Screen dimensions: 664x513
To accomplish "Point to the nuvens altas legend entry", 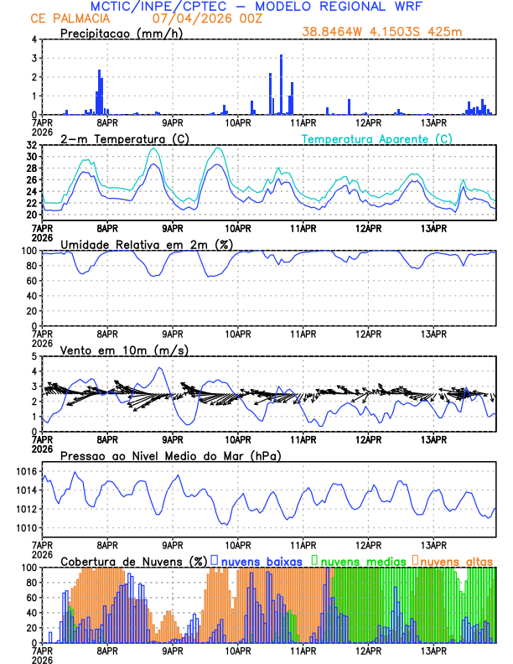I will point(457,560).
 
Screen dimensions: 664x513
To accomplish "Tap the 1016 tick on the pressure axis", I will point(27,471).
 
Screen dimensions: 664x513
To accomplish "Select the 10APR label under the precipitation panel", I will point(238,123).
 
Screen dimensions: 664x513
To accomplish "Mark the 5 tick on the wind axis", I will point(34,356).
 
